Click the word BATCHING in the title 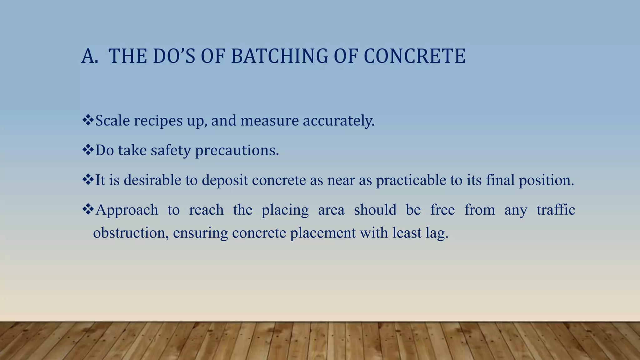(x=279, y=56)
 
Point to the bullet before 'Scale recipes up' (x=88, y=120)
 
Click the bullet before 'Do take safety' (x=88, y=150)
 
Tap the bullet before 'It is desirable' (x=88, y=179)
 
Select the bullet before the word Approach (x=88, y=209)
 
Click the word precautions (x=237, y=150)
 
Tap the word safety (x=171, y=150)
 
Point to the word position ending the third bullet (x=546, y=180)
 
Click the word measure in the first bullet (x=269, y=121)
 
